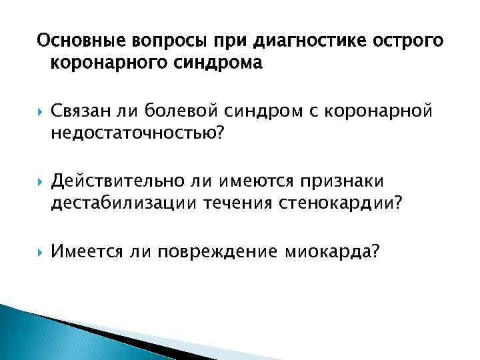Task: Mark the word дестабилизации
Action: (132, 205)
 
